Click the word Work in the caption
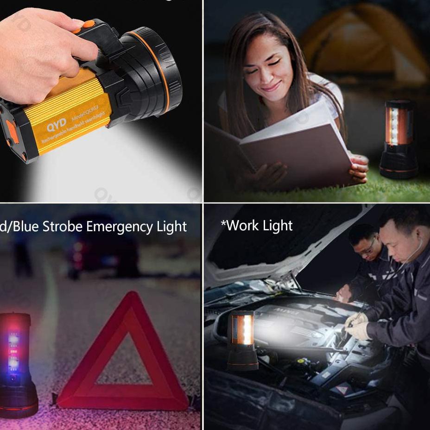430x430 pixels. click(241, 226)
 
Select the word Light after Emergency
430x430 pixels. click(171, 227)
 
